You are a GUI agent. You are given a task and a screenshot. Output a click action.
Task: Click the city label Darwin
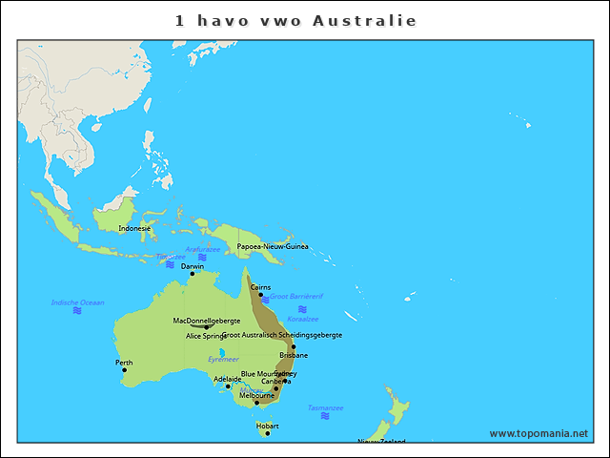[x=193, y=266]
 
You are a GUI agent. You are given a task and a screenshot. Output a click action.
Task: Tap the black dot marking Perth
[x=124, y=370]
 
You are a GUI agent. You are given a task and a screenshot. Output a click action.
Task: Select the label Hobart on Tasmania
[x=267, y=426]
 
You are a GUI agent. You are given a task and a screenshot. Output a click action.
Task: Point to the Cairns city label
[x=260, y=286]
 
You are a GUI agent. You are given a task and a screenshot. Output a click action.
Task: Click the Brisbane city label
[x=294, y=355]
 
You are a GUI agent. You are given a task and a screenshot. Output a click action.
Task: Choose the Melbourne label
[x=256, y=395]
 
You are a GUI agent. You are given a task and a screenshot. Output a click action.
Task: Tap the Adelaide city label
[x=228, y=379]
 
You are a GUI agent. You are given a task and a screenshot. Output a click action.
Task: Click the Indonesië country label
[x=134, y=229]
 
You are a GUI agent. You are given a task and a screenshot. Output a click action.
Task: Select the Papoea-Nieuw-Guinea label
[x=273, y=246]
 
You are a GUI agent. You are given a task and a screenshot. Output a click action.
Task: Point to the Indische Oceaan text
[x=77, y=302]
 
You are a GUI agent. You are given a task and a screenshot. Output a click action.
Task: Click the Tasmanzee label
[x=325, y=407]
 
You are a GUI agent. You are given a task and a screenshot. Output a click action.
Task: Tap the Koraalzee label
[x=302, y=319]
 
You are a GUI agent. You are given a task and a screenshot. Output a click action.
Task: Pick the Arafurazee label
[x=202, y=249]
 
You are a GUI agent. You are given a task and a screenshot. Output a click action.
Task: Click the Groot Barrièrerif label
[x=296, y=297]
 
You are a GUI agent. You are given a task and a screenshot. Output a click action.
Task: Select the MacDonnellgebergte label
[x=207, y=321]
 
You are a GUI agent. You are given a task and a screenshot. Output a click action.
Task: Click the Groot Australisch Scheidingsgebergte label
[x=282, y=335]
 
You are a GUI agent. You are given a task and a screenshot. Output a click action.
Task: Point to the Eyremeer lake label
[x=224, y=360]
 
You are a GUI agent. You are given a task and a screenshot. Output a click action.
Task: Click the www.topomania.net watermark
[x=539, y=433]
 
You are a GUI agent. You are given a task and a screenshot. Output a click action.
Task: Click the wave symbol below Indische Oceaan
[x=77, y=311]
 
